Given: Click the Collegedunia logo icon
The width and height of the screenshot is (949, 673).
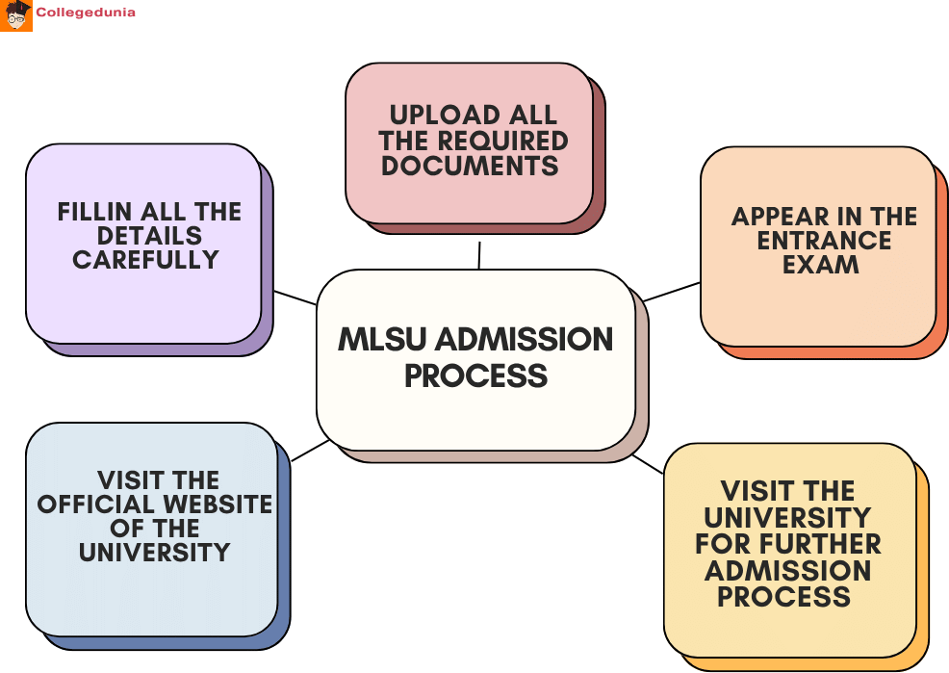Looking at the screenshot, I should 16,15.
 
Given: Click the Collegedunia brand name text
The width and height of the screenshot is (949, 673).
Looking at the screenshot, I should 86,13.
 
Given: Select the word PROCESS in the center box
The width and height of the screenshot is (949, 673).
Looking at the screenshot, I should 475,375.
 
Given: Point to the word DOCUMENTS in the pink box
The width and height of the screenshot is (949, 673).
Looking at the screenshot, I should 470,166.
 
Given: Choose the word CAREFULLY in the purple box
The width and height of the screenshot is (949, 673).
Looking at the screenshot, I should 146,260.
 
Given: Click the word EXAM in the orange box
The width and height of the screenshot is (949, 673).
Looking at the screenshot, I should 820,265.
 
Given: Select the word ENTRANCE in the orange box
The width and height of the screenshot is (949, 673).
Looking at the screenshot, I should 824,241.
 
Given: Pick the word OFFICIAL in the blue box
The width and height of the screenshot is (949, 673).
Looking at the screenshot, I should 97,505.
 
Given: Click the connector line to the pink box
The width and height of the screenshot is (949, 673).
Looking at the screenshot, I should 478,255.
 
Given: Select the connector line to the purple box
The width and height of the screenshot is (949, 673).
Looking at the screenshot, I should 295,298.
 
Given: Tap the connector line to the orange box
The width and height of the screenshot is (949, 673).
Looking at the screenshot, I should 671,292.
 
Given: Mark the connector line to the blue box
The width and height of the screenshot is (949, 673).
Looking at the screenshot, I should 310,451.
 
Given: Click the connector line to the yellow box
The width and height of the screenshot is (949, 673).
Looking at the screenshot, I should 648,464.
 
